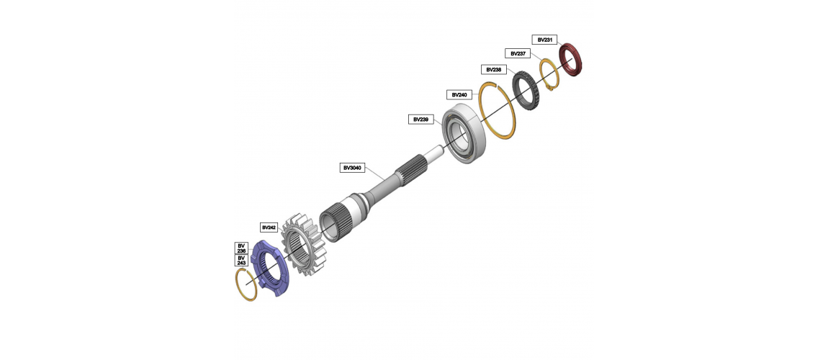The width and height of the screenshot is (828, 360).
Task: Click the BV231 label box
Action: point(544,40)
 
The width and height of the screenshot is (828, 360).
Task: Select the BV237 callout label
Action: point(518,53)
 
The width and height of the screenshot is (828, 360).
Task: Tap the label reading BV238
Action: point(494,70)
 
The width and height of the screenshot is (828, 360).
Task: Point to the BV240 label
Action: point(459,94)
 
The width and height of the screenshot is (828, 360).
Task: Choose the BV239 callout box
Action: point(421,120)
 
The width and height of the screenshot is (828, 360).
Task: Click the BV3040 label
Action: point(353,168)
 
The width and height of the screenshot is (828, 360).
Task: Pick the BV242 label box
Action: point(269,228)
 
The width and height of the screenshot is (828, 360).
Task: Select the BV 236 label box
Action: point(241,248)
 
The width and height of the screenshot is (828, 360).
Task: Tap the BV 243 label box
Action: point(241,260)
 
